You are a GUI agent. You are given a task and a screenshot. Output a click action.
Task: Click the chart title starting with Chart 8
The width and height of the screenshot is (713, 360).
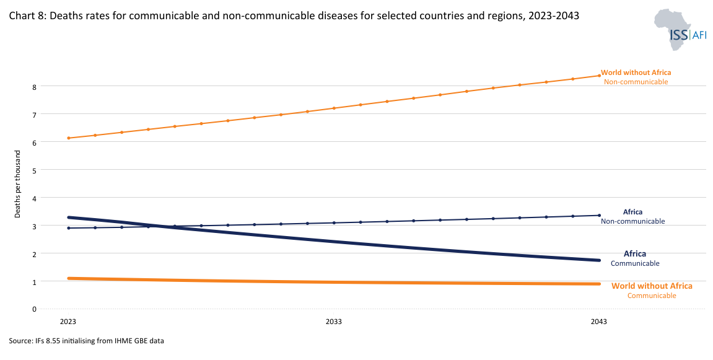tap(294, 17)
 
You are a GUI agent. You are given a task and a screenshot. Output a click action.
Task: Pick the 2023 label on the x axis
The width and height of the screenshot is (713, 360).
tap(68, 322)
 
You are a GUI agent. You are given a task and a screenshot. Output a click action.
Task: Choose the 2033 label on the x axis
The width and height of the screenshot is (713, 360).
tap(333, 322)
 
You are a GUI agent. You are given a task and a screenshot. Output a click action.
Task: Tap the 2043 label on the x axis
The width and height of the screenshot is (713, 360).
tap(598, 322)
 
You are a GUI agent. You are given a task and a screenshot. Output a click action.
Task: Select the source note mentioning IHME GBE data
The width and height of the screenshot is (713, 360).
tap(86, 341)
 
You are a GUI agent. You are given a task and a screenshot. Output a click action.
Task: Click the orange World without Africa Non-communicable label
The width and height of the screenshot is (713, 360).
tap(636, 77)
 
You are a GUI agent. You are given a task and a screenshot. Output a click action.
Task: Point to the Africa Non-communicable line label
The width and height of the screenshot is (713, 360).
tap(632, 216)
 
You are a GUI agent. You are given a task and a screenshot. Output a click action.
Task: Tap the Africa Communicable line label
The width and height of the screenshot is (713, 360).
tap(634, 258)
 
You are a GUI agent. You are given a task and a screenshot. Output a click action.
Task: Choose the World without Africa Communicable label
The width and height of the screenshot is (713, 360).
tap(652, 291)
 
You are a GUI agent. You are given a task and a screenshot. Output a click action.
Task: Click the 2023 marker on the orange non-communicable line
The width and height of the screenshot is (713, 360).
tap(69, 138)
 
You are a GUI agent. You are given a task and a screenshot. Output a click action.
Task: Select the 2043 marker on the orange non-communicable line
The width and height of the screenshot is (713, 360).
tap(598, 76)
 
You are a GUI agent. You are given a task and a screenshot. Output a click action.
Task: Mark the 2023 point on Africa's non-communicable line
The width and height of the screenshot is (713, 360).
tap(69, 228)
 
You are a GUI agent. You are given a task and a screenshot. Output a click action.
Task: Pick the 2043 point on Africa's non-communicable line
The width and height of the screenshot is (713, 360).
tap(598, 216)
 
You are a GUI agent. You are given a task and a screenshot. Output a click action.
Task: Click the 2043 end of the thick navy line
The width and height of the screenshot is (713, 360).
tap(598, 260)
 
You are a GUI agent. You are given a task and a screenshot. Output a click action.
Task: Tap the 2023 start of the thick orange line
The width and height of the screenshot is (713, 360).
tap(69, 278)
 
